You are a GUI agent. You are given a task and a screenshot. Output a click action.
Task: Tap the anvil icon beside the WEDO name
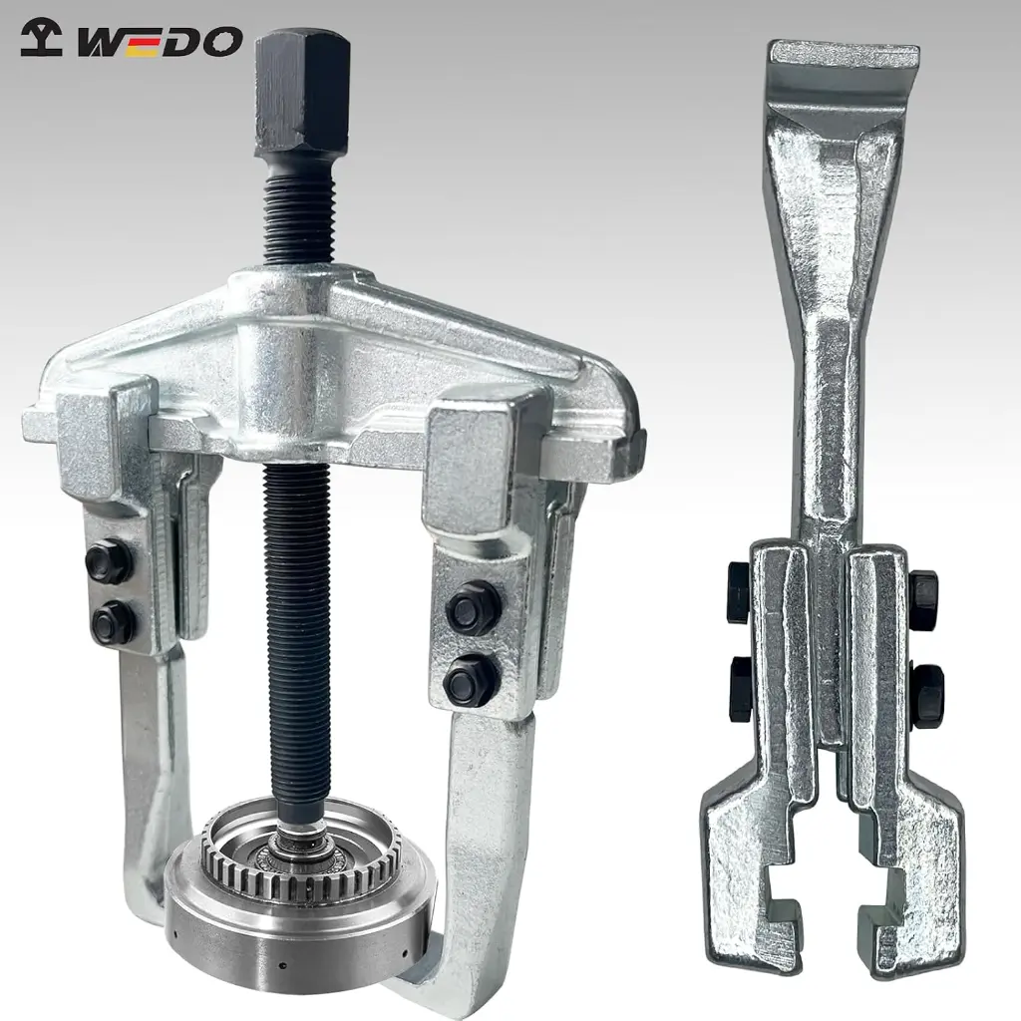coord(41,38)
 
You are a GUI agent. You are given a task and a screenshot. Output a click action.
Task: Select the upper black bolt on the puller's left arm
coord(109,560)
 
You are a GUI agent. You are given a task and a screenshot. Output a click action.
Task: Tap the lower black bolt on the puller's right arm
coord(471,680)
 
